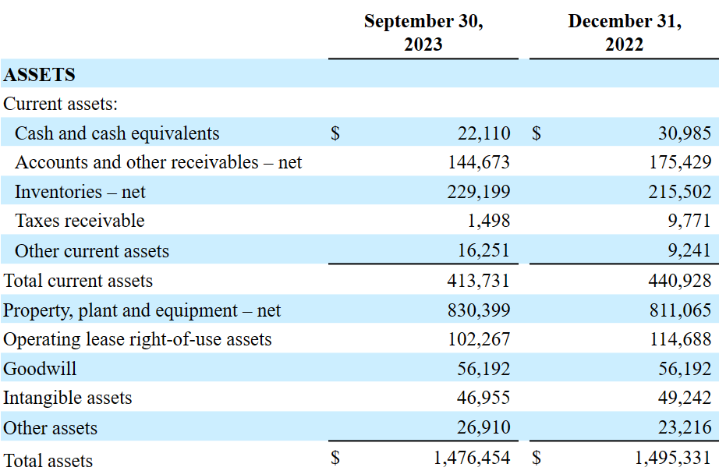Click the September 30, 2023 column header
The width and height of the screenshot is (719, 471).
423,33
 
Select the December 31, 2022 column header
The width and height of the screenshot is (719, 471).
625,33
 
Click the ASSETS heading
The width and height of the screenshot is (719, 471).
39,75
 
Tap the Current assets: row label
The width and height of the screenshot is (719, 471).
61,104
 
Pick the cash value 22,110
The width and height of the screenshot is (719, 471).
483,133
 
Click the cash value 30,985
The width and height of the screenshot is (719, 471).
685,133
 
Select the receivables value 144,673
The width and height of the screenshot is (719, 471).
479,162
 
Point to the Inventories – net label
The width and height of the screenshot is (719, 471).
80,192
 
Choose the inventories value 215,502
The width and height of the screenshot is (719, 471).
680,192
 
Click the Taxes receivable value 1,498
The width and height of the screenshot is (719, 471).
488,221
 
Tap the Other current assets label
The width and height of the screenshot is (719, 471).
92,251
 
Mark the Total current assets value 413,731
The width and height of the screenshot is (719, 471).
479,280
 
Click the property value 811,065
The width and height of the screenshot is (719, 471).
681,310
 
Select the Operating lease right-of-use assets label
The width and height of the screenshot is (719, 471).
137,339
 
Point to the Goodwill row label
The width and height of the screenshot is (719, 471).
40,369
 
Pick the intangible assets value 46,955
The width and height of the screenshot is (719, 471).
483,398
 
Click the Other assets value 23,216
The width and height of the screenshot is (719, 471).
685,427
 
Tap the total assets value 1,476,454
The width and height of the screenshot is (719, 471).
472,458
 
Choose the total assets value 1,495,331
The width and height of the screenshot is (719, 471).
673,458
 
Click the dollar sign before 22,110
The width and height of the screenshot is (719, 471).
335,133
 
